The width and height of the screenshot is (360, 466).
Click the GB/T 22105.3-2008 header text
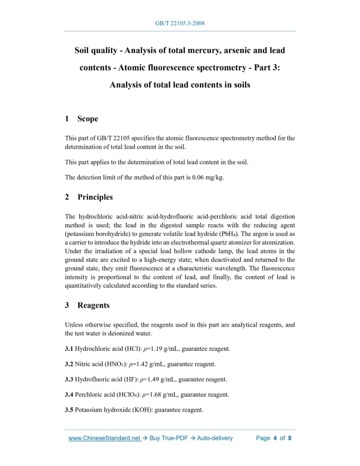pyautogui.click(x=179, y=24)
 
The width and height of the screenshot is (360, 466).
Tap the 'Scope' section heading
pyautogui.click(x=87, y=119)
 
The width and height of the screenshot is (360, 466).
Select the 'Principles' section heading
pyautogui.click(x=95, y=197)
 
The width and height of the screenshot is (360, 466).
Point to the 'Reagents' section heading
pyautogui.click(x=93, y=305)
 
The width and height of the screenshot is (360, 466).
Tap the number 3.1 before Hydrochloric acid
pyautogui.click(x=69, y=349)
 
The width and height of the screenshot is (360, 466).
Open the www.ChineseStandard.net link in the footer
pyautogui.click(x=104, y=438)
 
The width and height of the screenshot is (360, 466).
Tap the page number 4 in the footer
pyautogui.click(x=275, y=438)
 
